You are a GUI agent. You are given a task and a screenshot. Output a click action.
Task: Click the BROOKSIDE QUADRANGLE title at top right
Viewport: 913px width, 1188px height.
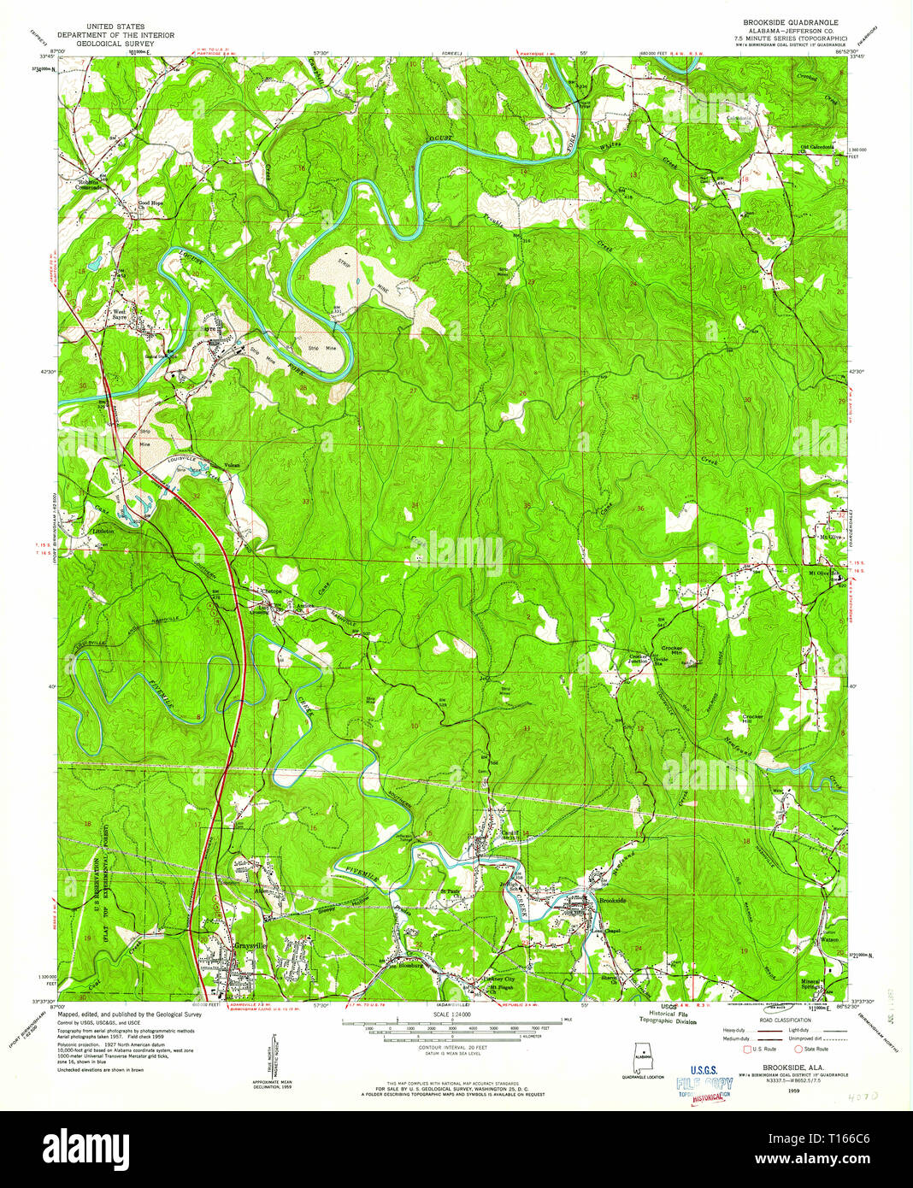pyautogui.click(x=783, y=21)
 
